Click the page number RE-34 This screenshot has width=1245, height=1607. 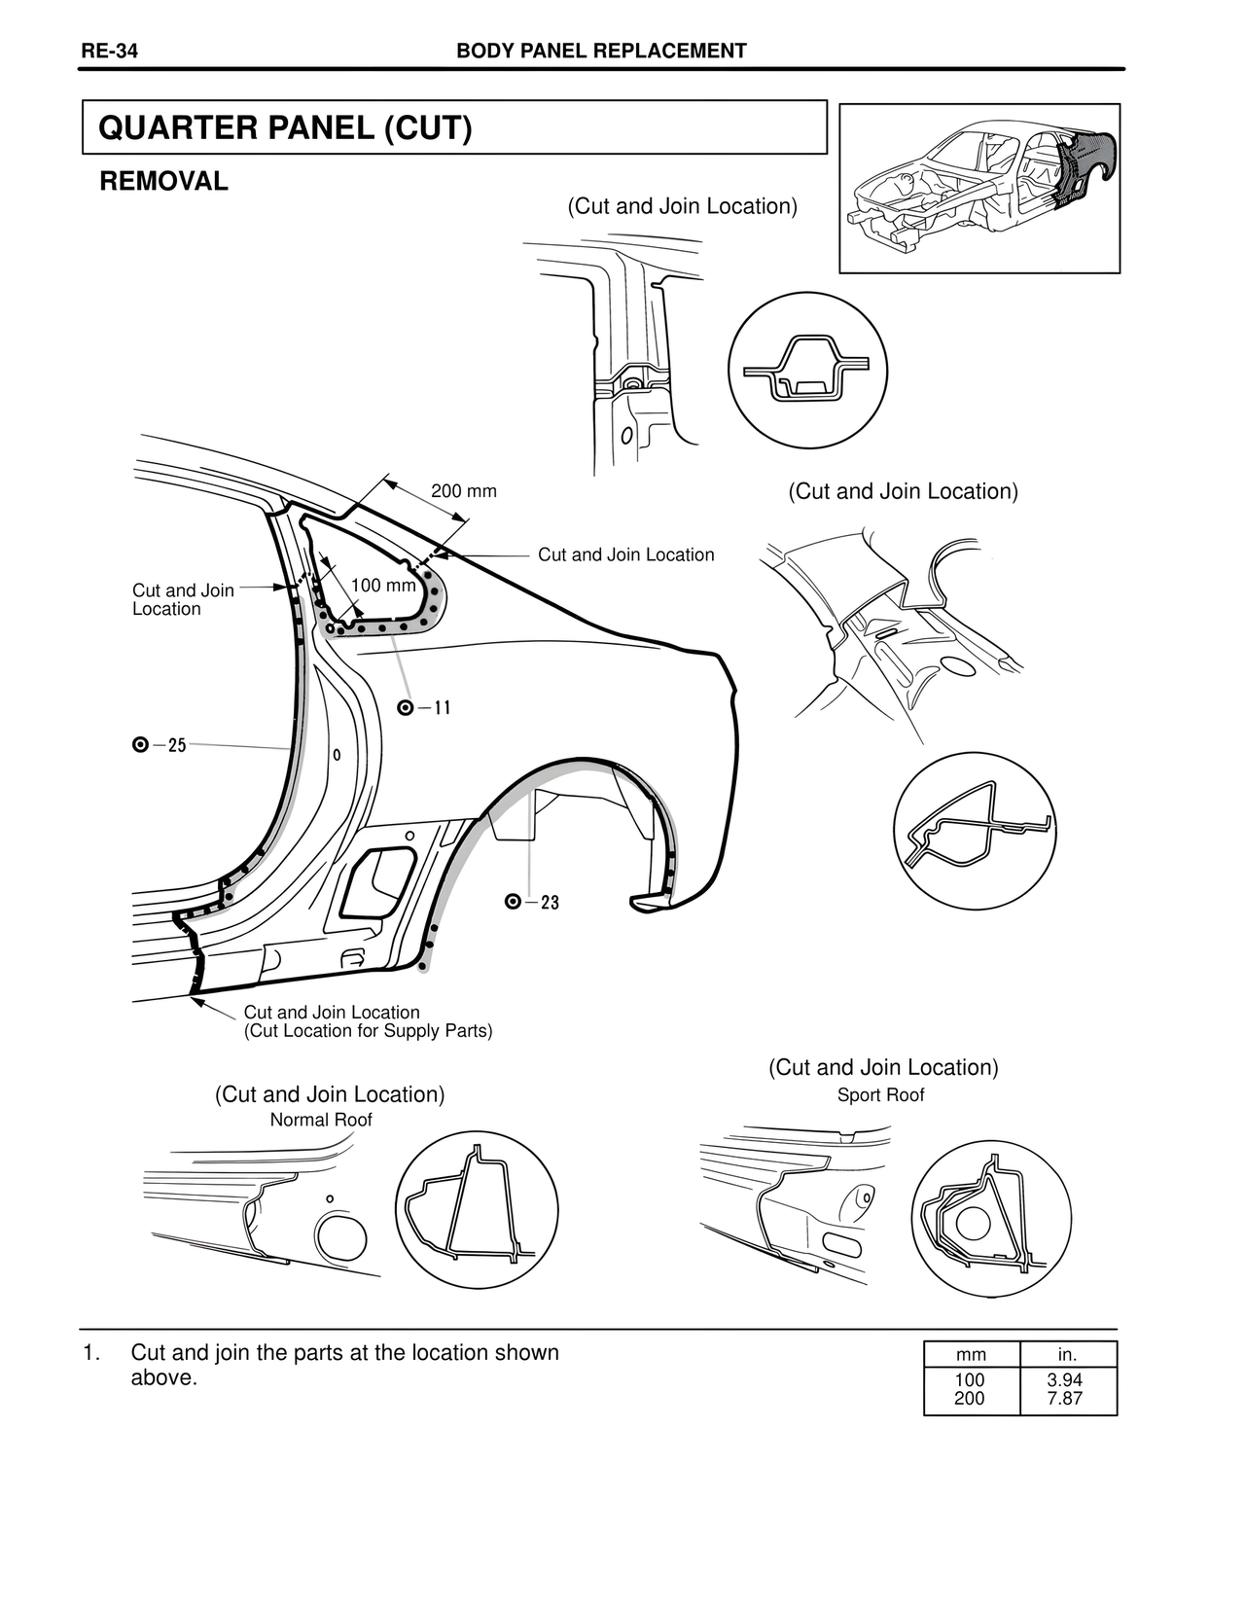[x=109, y=52]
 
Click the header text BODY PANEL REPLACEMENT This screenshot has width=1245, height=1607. [x=601, y=52]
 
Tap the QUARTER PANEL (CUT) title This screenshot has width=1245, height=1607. [x=286, y=128]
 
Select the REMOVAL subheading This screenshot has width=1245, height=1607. [x=164, y=181]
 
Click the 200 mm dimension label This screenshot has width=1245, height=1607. [x=464, y=491]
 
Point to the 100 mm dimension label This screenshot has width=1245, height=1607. [x=382, y=586]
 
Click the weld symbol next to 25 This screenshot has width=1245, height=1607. [x=140, y=746]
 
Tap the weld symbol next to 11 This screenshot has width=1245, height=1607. [x=407, y=707]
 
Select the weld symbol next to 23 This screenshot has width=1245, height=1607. [x=514, y=902]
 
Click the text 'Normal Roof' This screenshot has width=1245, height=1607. [x=321, y=1120]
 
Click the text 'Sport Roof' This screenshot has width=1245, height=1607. [x=880, y=1095]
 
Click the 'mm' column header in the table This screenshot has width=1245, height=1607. [x=971, y=1355]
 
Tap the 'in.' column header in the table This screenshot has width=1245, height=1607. [x=1067, y=1355]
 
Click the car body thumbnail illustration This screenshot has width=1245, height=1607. [x=979, y=188]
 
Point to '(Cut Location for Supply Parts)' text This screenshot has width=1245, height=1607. [x=369, y=1031]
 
